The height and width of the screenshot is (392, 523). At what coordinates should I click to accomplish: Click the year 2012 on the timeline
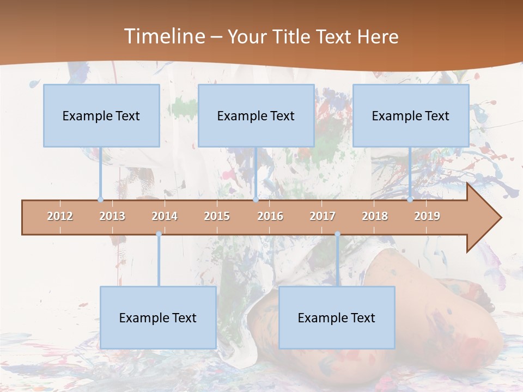60,216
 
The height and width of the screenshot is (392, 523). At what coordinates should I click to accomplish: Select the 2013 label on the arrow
112,216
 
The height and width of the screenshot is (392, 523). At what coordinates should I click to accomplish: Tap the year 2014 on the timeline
165,216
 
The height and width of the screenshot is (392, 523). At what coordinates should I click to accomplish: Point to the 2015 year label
217,216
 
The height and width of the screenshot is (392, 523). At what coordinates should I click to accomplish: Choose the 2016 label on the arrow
270,216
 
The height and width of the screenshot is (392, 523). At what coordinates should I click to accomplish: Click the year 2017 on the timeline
323,216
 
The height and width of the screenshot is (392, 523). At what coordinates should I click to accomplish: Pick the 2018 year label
375,216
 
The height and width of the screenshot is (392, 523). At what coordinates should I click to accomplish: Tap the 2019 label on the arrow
427,216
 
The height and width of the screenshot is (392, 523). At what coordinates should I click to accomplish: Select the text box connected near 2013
101,115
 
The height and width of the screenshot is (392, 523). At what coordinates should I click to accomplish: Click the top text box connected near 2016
256,115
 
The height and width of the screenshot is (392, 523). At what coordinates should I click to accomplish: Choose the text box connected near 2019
411,115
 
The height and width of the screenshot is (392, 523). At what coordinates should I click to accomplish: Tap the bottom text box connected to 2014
158,317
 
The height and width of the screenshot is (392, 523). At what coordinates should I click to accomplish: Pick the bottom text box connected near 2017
337,317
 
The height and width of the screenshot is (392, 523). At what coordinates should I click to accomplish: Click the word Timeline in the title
163,36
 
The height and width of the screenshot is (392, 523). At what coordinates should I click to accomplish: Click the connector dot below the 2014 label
159,234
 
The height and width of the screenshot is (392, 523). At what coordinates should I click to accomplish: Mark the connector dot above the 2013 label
100,200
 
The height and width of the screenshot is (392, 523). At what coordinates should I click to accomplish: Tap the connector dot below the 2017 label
337,234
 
